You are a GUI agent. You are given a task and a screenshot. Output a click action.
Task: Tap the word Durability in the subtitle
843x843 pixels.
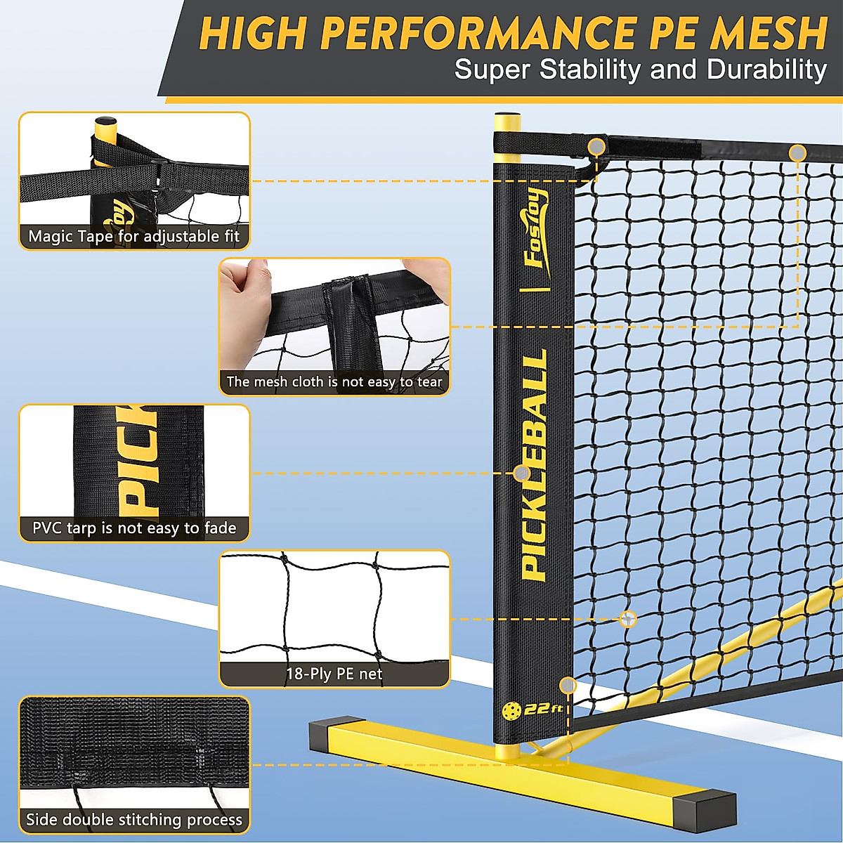click(x=767, y=70)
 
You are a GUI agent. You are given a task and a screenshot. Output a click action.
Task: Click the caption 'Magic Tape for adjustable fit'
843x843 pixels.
click(x=134, y=237)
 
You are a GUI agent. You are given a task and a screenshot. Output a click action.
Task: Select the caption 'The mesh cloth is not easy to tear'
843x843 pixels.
click(x=334, y=382)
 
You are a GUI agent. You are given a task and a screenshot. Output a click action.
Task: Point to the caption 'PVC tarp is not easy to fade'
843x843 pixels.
click(x=134, y=528)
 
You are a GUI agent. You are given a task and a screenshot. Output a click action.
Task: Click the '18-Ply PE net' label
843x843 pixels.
click(x=334, y=674)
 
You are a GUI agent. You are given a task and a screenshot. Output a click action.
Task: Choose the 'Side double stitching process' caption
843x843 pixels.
click(x=134, y=820)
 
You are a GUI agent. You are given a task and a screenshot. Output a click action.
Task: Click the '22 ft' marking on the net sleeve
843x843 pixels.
click(x=544, y=709)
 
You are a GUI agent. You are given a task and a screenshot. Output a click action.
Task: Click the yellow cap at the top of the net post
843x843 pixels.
click(x=507, y=122)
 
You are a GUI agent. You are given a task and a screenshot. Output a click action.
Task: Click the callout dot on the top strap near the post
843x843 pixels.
click(x=596, y=147)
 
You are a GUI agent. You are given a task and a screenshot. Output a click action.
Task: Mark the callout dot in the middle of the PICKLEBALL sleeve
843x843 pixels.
click(x=522, y=473)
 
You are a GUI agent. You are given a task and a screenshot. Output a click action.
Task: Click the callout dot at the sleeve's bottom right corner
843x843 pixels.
click(x=568, y=686)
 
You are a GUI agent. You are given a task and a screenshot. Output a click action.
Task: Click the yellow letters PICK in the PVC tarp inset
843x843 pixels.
click(x=138, y=460)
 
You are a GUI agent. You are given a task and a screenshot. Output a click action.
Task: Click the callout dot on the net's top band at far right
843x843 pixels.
click(x=797, y=152)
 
